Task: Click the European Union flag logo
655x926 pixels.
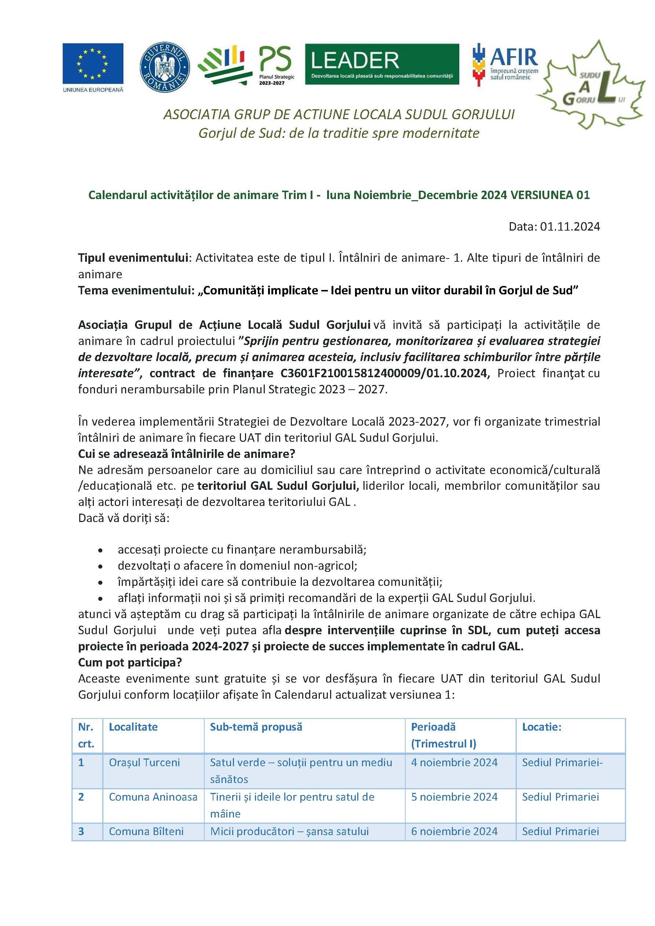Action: pos(93,67)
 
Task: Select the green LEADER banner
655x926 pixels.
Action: pos(382,64)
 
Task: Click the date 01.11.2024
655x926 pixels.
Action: pos(570,227)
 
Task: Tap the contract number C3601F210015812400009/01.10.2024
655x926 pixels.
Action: pos(383,373)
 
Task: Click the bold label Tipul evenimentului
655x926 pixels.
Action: pos(133,258)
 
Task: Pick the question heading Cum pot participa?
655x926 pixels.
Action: pos(130,662)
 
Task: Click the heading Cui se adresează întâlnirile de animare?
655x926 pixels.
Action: pos(186,454)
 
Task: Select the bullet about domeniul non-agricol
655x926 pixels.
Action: pos(237,565)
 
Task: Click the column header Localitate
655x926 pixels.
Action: pos(133,727)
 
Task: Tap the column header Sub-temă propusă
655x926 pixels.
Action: pos(256,727)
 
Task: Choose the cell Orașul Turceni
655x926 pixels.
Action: pos(144,762)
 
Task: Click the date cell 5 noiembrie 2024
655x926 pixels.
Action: pos(454,797)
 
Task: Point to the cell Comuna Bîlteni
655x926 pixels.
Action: pos(146,831)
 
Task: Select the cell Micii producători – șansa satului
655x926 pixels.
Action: pos(289,831)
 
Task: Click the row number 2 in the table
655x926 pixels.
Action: pos(81,797)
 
